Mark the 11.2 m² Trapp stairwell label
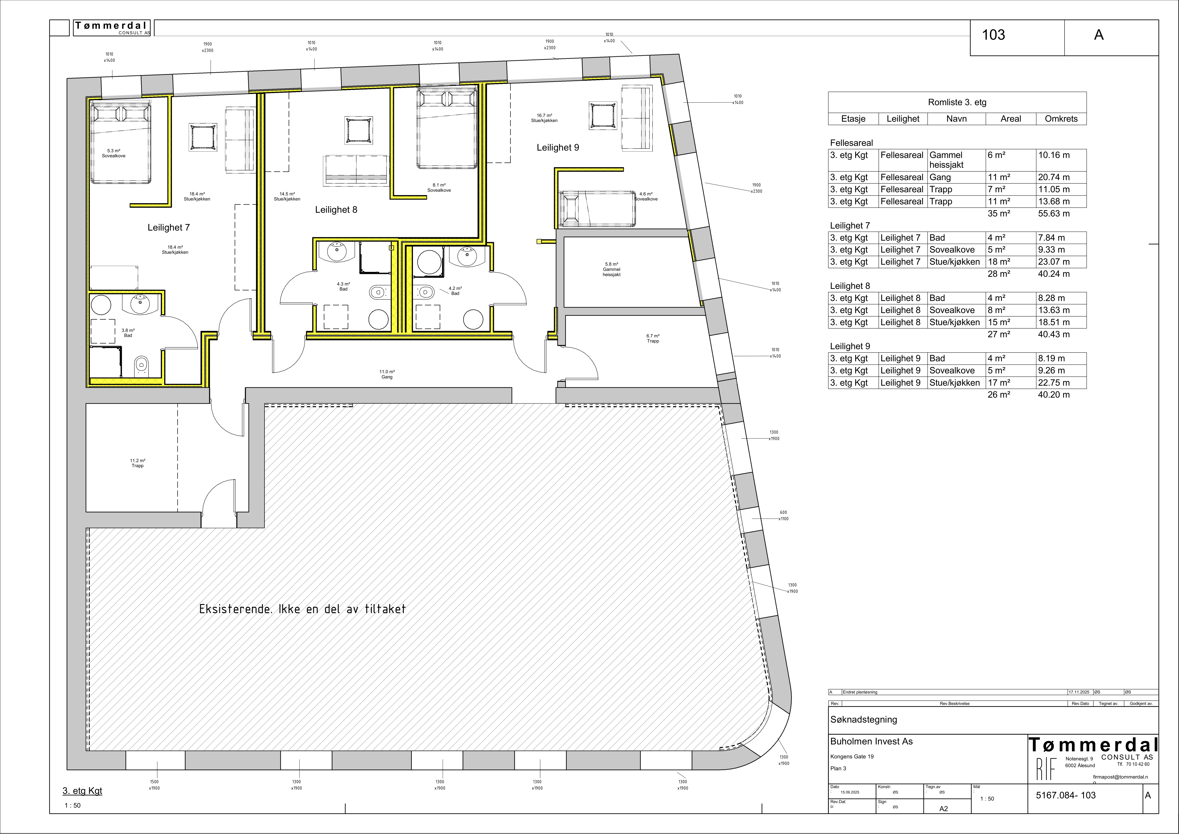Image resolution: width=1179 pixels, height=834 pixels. [138, 463]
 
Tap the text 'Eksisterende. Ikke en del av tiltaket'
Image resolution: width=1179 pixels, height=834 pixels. [302, 609]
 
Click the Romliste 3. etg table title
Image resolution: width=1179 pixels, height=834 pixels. [957, 102]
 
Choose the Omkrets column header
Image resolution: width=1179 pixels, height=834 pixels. [1061, 119]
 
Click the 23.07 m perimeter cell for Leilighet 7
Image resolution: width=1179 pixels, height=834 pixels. [1054, 262]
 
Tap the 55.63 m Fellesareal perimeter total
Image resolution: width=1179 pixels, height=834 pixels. [1054, 214]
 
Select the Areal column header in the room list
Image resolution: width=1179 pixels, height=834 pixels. [1011, 119]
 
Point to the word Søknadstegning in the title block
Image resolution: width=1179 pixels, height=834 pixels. [864, 720]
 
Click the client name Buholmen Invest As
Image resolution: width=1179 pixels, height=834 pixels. [871, 742]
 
